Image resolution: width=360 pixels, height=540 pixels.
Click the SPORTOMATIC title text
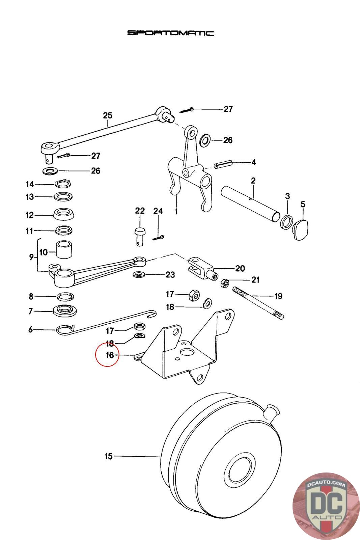[x=170, y=33]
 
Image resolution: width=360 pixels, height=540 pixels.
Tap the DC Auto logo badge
[x=326, y=506]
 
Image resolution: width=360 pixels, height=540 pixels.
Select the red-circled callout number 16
[x=110, y=355]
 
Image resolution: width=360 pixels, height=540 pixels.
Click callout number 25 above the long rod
[x=108, y=115]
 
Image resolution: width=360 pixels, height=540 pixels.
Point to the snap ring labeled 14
[x=62, y=184]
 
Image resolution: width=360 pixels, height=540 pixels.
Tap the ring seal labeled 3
[x=286, y=221]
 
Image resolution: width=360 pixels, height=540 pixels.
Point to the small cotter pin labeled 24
[x=159, y=238]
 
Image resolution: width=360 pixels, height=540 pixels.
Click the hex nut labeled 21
[x=225, y=283]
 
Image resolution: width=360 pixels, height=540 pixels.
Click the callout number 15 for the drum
[x=109, y=456]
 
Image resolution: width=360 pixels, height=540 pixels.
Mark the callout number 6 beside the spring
[x=30, y=329]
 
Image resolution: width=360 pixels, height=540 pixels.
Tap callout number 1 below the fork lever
[x=176, y=212]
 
